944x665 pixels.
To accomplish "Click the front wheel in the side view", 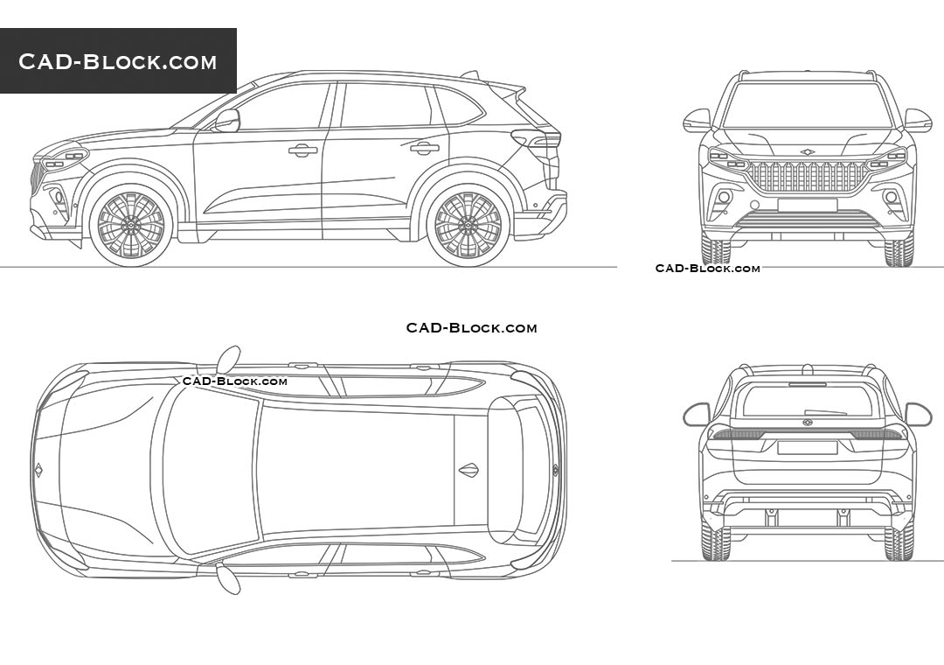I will point(131,225).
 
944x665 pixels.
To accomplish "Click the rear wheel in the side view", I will point(469,225).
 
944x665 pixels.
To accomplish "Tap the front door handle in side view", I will point(303,150).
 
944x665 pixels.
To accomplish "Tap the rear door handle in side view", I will point(425,148).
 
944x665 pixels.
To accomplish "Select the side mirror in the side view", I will point(227,120).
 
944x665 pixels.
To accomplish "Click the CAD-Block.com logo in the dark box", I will point(118,61).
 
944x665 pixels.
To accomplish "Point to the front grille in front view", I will point(807,177).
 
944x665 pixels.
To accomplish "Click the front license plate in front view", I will point(807,205).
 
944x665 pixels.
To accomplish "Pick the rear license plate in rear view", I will point(807,447).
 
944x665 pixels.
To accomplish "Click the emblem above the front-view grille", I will point(807,152).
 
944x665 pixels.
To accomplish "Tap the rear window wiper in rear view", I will point(826,411).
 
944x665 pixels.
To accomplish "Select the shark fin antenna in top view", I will point(469,470).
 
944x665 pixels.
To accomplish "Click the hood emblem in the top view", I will point(38,470).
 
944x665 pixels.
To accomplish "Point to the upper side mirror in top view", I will point(228,359).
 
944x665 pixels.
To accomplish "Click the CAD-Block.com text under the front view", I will point(707,269).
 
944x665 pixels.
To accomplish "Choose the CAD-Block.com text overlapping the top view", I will point(234,381).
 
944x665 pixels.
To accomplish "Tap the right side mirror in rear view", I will point(918,413).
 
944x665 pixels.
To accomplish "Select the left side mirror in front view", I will point(697,120).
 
